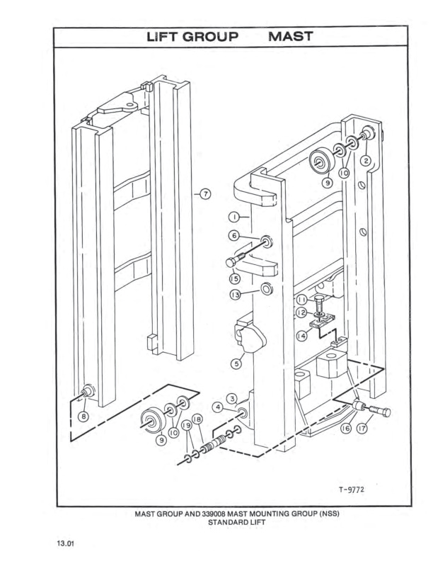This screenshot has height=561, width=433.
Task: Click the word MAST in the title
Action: [x=290, y=36]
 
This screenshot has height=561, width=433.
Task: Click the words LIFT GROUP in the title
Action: [x=192, y=36]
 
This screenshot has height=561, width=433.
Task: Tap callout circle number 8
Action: [x=84, y=416]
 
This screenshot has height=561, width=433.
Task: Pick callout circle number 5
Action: [x=238, y=363]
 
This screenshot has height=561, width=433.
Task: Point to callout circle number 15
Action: [x=233, y=279]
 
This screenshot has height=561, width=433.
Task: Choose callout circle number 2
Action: [x=366, y=161]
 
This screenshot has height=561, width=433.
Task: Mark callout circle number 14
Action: [x=302, y=336]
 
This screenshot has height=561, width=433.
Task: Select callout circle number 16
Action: [x=347, y=429]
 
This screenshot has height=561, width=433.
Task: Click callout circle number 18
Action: [x=197, y=421]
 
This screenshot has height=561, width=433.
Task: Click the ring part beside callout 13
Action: [x=267, y=290]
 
